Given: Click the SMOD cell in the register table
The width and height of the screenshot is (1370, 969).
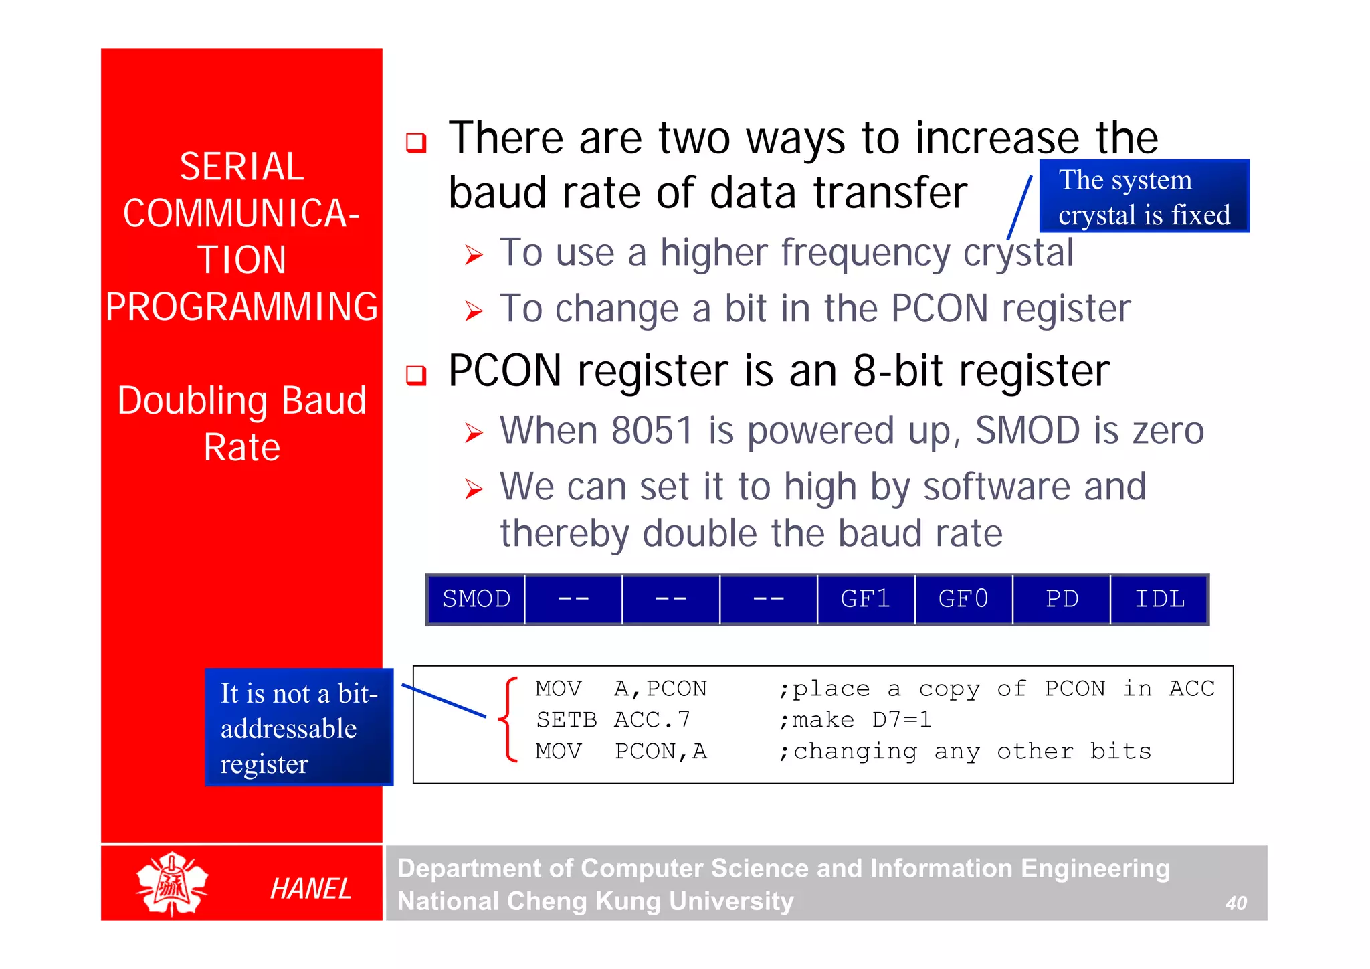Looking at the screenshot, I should pos(476,599).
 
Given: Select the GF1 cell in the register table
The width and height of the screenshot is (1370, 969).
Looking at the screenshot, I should pos(866,599).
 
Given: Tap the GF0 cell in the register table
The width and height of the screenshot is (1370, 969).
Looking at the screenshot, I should pos(963,599).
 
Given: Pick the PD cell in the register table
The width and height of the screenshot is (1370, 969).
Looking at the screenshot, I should pos(1062,599).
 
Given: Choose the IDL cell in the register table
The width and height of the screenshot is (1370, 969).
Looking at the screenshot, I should pos(1159,599).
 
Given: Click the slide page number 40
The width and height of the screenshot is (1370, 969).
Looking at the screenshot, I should pos(1236,903).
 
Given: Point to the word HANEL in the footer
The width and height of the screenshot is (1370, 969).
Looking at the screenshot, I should pos(310,889).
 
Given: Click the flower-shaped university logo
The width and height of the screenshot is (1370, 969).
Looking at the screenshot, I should pos(172,883).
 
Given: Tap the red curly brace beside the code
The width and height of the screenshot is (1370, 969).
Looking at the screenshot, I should pos(508,720).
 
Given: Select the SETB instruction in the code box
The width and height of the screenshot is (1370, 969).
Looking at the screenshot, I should pos(566,720).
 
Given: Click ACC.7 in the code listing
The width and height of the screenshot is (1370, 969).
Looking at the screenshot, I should pos(652,720).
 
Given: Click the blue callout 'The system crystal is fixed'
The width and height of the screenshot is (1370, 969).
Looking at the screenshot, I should pos(1144,197).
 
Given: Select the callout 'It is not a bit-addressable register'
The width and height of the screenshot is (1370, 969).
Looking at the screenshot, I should pos(298,727).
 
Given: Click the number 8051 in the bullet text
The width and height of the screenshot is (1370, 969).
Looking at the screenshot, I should pos(652,430).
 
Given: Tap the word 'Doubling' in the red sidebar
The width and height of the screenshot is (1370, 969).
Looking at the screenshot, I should pos(193,401).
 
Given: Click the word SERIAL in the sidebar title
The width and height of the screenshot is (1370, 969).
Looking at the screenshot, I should pos(241,167).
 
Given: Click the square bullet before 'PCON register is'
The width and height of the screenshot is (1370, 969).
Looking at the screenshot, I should pos(416,375).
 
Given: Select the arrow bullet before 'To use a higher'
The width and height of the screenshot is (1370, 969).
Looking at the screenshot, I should pos(474,255).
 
